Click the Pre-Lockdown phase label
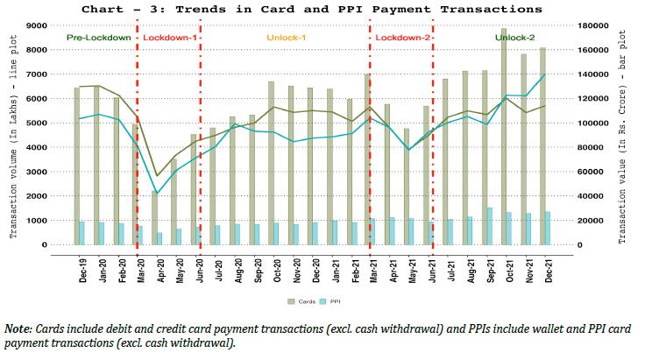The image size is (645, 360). tap(98, 39)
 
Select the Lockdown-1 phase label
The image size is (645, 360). tap(170, 39)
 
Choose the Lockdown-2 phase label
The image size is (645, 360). tap(401, 39)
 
